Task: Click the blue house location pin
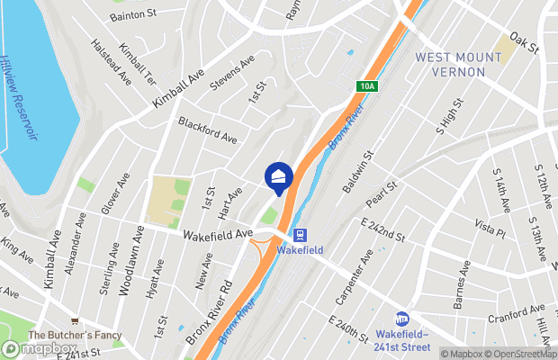279,176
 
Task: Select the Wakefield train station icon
300,235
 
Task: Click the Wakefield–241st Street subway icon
402,319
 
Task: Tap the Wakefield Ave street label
218,234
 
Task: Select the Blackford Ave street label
207,130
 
